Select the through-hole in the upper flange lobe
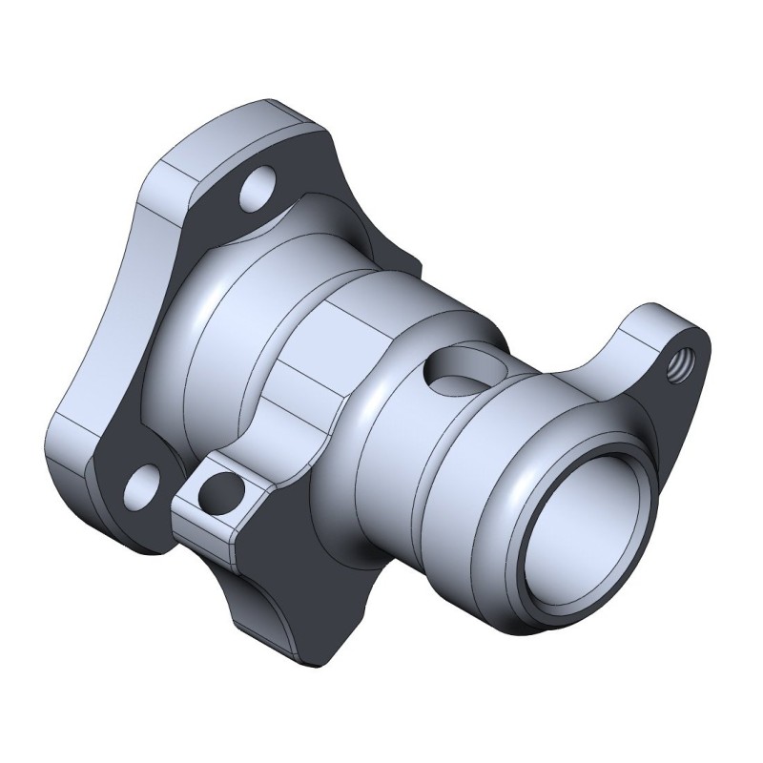(258, 192)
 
